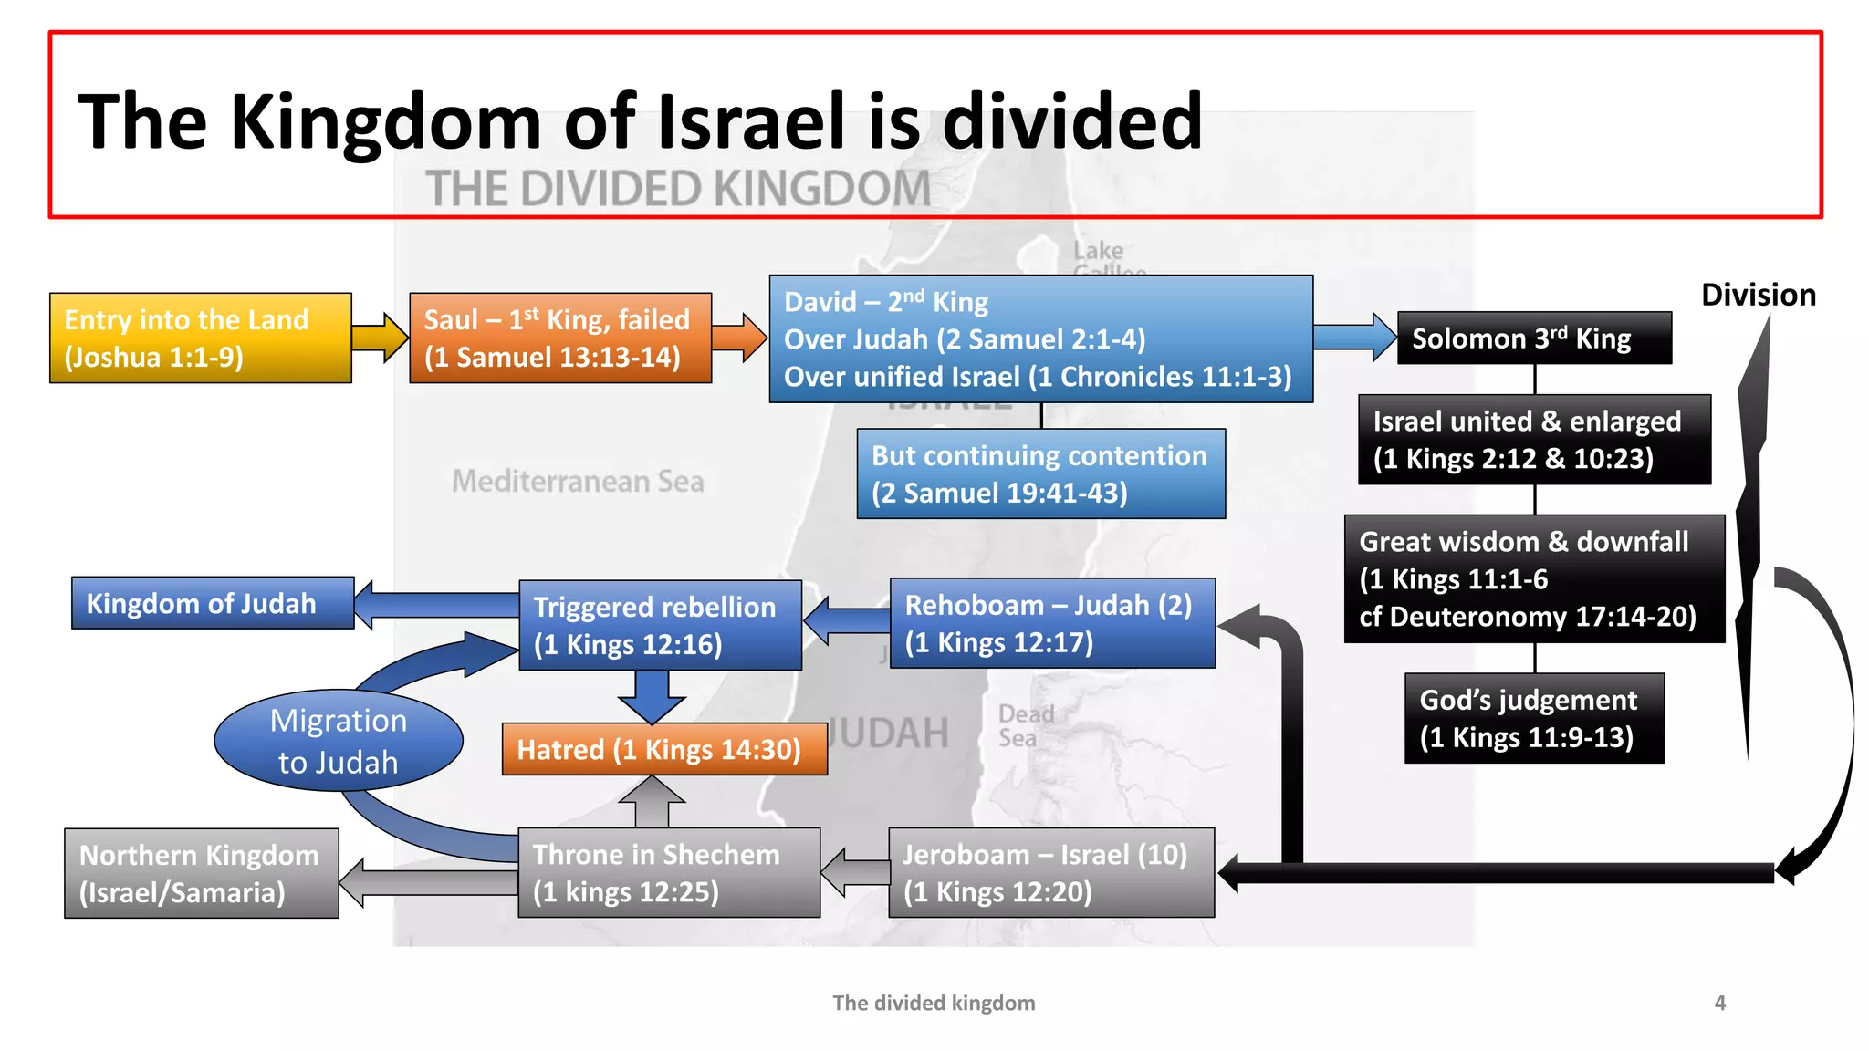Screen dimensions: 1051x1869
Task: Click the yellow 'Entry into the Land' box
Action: (200, 338)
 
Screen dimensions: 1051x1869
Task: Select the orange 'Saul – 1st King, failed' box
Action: (559, 338)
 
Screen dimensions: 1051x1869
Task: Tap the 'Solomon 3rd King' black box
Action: (1534, 338)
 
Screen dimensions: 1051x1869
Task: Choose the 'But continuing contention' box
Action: (1040, 473)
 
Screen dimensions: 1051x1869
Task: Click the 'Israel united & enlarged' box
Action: (1534, 439)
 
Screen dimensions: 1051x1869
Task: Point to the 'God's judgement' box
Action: (1534, 718)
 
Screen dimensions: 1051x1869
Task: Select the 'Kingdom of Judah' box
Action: (213, 603)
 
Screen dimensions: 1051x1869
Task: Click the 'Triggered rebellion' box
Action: (660, 625)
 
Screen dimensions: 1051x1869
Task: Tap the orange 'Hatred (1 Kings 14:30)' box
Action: (664, 749)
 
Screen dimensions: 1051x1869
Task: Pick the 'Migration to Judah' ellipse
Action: (339, 741)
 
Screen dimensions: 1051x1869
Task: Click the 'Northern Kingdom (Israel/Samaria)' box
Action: (201, 873)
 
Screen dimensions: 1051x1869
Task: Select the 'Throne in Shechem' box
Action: (668, 872)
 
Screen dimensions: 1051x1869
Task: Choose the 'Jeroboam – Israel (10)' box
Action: (1051, 872)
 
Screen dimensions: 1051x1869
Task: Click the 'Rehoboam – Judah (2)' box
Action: (1051, 623)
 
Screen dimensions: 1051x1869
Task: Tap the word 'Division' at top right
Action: (1758, 295)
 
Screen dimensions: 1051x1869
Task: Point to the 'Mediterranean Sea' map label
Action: (578, 481)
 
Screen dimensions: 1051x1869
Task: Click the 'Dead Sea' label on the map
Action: (1025, 725)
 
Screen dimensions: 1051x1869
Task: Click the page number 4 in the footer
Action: (1719, 1003)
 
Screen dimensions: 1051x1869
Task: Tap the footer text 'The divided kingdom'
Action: (934, 1003)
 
